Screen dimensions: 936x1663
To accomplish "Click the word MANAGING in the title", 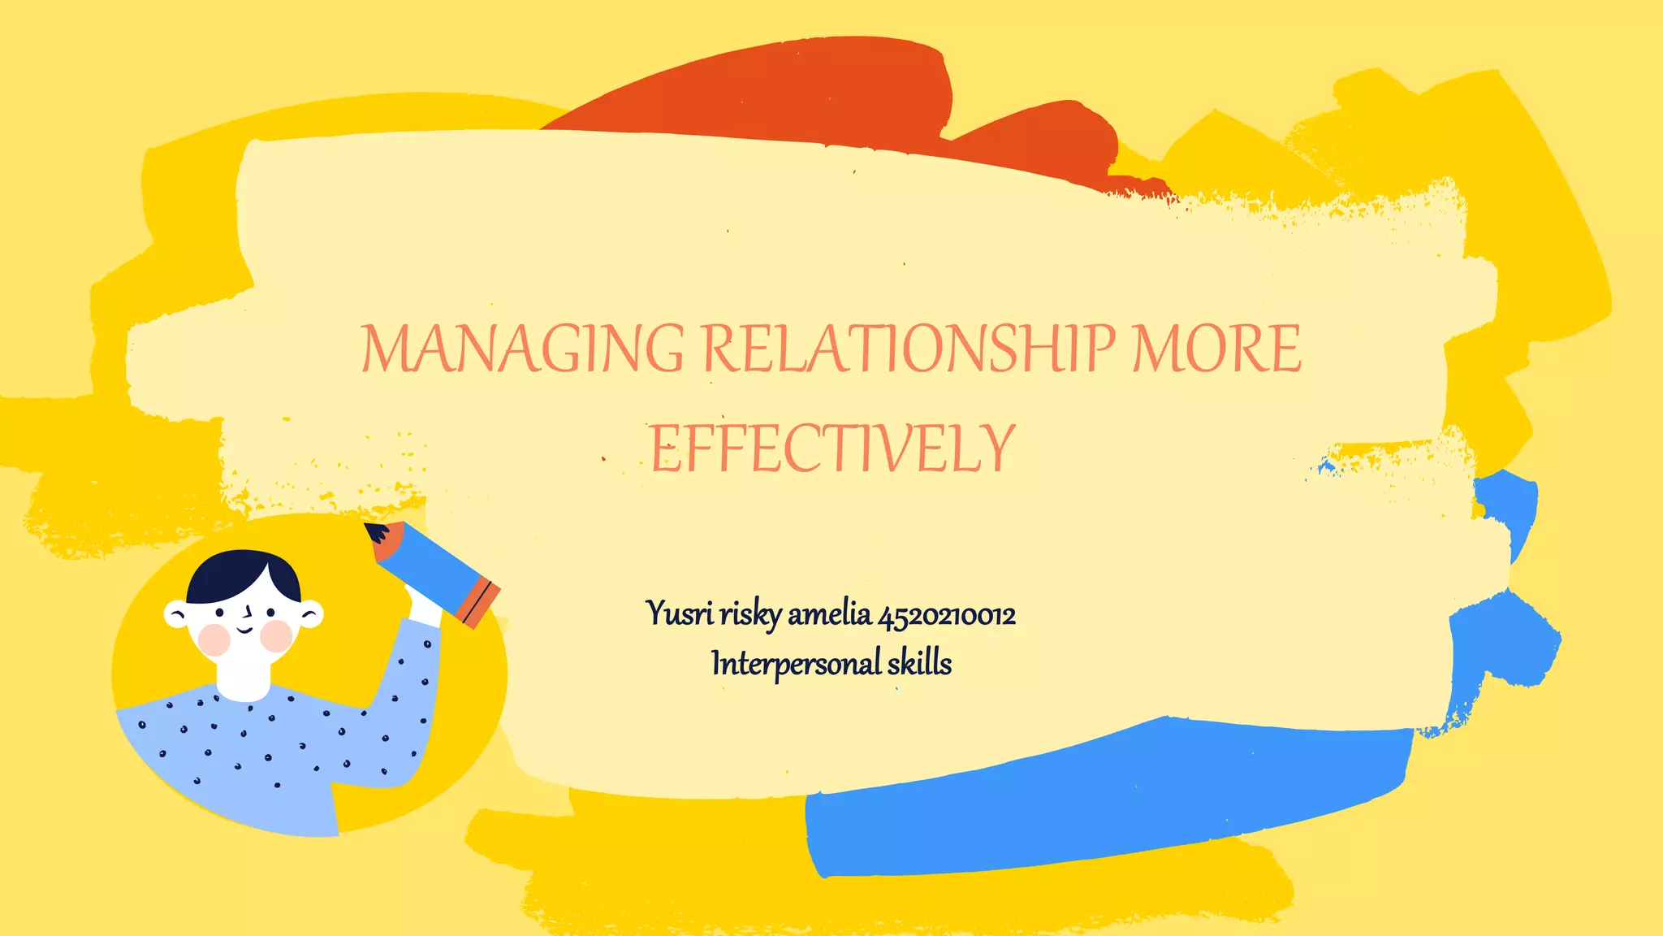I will pos(521,348).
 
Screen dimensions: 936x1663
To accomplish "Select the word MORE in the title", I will pos(1216,348).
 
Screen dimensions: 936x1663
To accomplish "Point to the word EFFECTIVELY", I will pos(832,448).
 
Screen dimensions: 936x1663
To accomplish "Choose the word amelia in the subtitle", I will pos(829,613).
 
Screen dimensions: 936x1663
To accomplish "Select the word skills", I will pos(919,663).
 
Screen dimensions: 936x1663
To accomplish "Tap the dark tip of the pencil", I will pos(375,532).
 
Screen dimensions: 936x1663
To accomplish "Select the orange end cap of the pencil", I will pos(478,603).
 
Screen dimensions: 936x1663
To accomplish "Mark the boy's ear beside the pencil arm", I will pos(311,614).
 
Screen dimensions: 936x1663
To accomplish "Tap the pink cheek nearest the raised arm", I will pos(277,636).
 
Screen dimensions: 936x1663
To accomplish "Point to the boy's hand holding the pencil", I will pos(421,605).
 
